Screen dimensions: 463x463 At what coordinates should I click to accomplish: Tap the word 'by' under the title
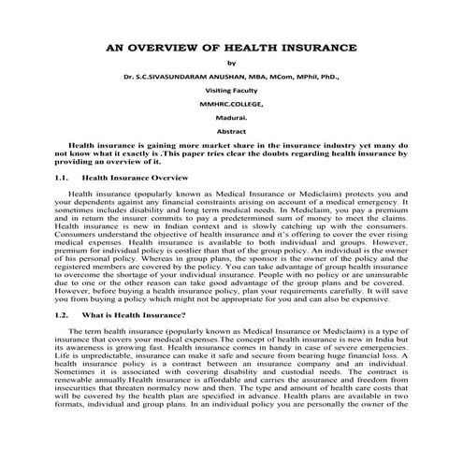pyautogui.click(x=231, y=65)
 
